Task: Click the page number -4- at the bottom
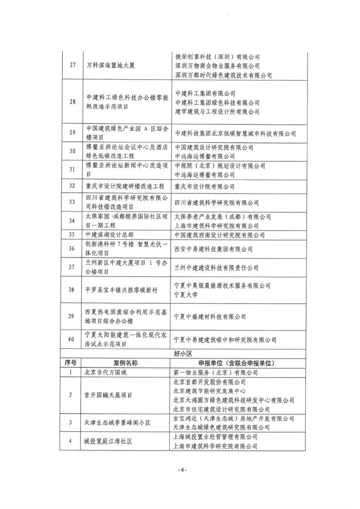pyautogui.click(x=182, y=470)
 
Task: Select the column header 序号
pyautogui.click(x=70, y=363)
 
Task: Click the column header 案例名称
pyautogui.click(x=125, y=363)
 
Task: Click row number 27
pyautogui.click(x=73, y=65)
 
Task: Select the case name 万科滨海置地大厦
pyautogui.click(x=111, y=65)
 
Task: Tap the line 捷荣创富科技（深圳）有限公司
pyautogui.click(x=217, y=57)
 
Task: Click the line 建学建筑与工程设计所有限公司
pyautogui.click(x=217, y=112)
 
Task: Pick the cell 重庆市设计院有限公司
pyautogui.click(x=205, y=186)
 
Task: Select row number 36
pyautogui.click(x=72, y=248)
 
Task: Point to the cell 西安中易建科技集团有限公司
pyautogui.click(x=213, y=249)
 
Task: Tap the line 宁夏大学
pyautogui.click(x=186, y=295)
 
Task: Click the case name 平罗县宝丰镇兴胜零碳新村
pyautogui.click(x=121, y=290)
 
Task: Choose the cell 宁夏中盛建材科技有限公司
pyautogui.click(x=210, y=317)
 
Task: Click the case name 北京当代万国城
pyautogui.click(x=105, y=372)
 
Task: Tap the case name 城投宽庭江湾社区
pyautogui.click(x=108, y=441)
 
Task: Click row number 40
pyautogui.click(x=71, y=339)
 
